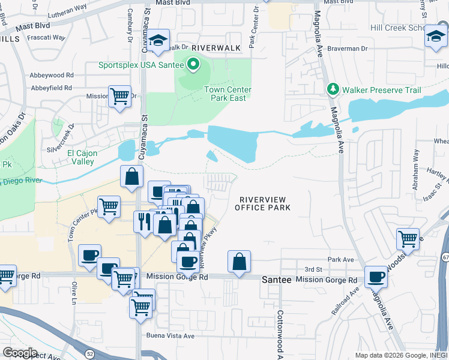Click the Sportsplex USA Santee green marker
coord(193,64)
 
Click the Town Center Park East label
coord(228,94)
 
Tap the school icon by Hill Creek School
coord(436,37)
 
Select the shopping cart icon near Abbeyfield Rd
coord(119,96)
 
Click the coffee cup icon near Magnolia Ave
coord(376,277)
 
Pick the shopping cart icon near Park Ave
coord(408,238)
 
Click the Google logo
coord(20,353)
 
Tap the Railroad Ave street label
coord(346,300)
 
